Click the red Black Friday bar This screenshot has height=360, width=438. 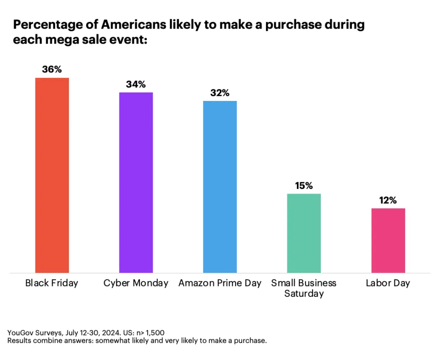click(52, 175)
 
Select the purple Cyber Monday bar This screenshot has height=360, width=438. click(136, 183)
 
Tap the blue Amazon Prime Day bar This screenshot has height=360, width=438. click(219, 187)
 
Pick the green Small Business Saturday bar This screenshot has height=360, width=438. click(304, 233)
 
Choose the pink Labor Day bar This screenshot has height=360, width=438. click(388, 240)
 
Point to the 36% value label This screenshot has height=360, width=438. click(52, 69)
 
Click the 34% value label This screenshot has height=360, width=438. click(136, 84)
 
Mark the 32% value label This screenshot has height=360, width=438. click(219, 93)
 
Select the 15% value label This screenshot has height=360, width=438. click(304, 186)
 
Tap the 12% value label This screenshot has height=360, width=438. click(388, 200)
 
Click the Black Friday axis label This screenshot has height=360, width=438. click(52, 283)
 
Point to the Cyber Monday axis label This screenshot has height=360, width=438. click(136, 283)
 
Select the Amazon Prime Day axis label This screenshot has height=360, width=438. click(219, 283)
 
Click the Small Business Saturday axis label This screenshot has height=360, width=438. click(304, 288)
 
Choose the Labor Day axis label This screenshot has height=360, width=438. click(388, 283)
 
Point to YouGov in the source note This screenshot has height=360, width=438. click(20, 333)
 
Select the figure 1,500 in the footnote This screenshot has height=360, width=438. click(154, 333)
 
